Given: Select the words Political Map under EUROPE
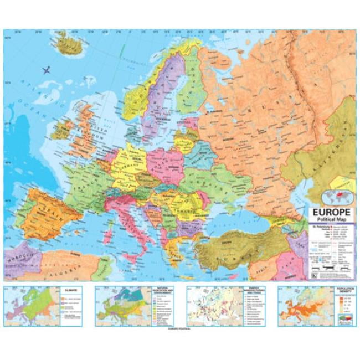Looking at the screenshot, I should point(331,220).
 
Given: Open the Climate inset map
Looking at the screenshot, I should point(42,306).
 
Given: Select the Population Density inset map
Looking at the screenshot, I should point(316,306).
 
